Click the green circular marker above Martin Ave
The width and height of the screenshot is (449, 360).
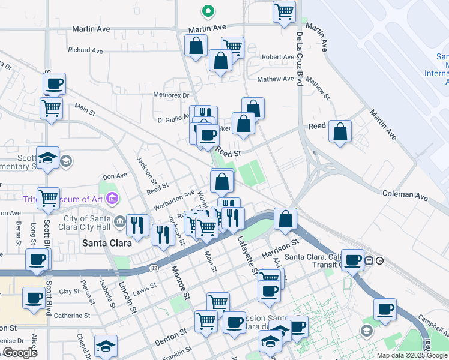point(208,11)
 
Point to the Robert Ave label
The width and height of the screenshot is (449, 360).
point(278,57)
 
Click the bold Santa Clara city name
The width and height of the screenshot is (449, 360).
point(103,243)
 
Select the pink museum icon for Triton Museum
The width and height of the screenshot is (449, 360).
point(112,198)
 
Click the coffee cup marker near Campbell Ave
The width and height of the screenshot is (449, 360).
point(385,310)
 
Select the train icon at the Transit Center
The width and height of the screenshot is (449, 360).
point(371,260)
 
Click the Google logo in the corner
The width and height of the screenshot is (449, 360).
point(20,353)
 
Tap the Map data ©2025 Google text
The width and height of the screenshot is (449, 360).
point(412,355)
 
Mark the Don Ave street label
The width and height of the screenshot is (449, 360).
point(115,176)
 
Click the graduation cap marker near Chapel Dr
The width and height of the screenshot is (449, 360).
point(106,346)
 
